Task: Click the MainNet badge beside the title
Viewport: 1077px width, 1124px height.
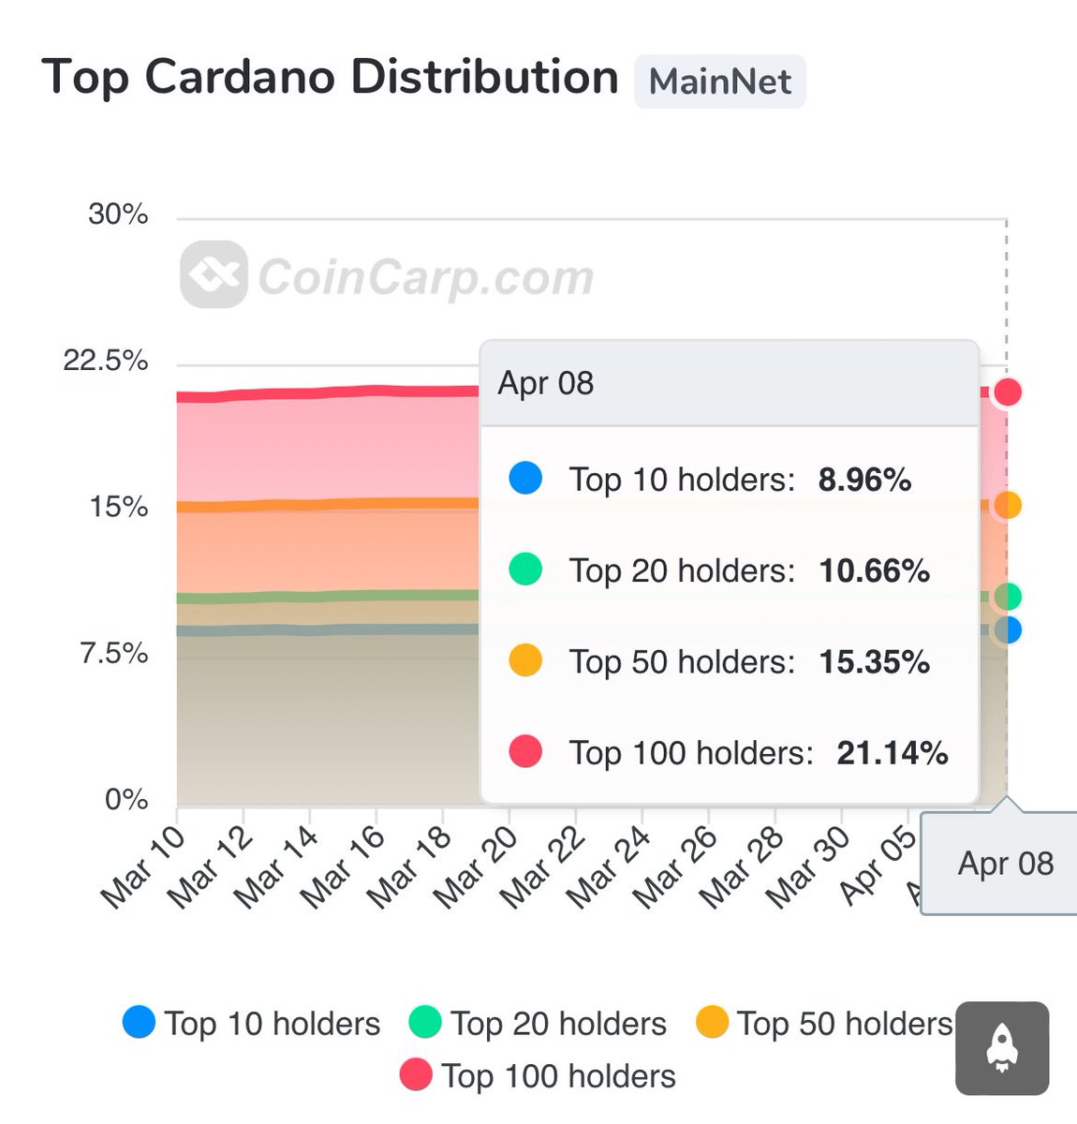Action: (x=719, y=81)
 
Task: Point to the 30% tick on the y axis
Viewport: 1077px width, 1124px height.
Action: (x=118, y=214)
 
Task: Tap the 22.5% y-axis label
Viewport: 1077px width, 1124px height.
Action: (x=105, y=361)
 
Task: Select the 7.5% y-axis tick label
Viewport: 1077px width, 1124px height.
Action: (x=114, y=653)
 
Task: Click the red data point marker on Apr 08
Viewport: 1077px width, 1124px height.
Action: (x=1008, y=392)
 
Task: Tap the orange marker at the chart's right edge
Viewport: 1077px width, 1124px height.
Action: (x=1008, y=505)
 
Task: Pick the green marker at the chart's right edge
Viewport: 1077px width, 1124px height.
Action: (x=1008, y=596)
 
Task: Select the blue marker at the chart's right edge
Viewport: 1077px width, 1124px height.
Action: (x=1008, y=630)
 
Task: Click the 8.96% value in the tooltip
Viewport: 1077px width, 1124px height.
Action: (x=864, y=481)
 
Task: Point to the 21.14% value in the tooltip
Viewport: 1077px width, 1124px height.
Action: (x=892, y=753)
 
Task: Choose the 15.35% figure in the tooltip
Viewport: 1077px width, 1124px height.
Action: (x=874, y=662)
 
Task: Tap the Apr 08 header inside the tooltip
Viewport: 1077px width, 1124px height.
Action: (x=546, y=383)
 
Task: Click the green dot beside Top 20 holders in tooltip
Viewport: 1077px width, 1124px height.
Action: (x=525, y=569)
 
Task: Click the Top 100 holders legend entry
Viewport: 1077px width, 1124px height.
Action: (x=538, y=1076)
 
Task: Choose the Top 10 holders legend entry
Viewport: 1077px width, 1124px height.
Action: (x=252, y=1023)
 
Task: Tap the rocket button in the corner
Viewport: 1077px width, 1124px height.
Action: (x=1001, y=1048)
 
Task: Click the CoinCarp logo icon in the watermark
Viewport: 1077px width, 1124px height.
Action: (x=214, y=274)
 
